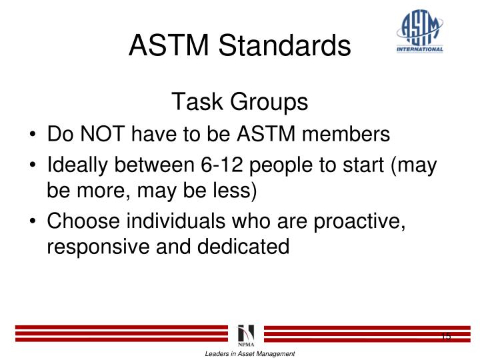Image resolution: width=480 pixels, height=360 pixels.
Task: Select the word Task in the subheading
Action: (193, 102)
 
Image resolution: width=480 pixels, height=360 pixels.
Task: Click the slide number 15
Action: (445, 335)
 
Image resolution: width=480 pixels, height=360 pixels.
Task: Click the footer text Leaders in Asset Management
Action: (249, 353)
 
